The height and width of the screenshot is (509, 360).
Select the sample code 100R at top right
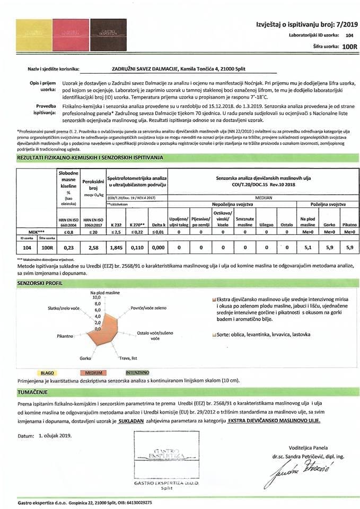(348, 47)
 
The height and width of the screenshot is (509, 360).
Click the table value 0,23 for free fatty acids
(68, 248)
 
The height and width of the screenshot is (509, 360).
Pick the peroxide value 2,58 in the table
(93, 248)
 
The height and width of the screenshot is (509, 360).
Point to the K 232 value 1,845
(117, 248)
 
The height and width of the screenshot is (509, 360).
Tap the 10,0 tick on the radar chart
(96, 297)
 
